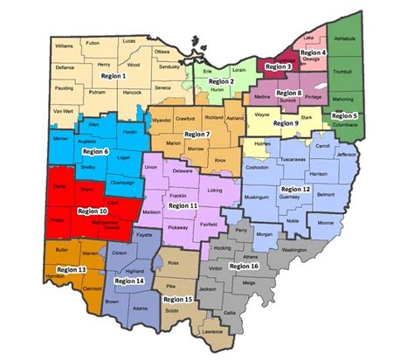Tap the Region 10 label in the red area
pyautogui.click(x=93, y=211)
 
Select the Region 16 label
pyautogui.click(x=244, y=265)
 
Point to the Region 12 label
pyautogui.click(x=294, y=188)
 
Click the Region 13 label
pyautogui.click(x=70, y=271)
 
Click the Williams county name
pyautogui.click(x=64, y=45)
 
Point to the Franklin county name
pyautogui.click(x=177, y=195)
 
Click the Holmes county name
pyautogui.click(x=260, y=142)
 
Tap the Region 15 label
pyautogui.click(x=177, y=299)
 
